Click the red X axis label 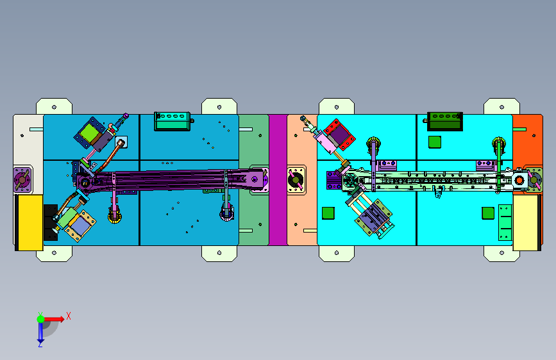click(69, 316)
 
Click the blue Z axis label click(40, 345)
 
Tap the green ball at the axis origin click(41, 319)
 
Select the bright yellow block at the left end click(30, 222)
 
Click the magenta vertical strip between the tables click(278, 179)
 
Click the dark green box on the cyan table click(444, 121)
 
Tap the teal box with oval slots click(173, 121)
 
